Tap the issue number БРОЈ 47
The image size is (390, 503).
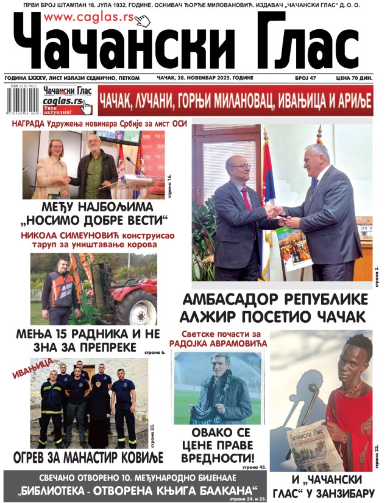[x=315, y=79]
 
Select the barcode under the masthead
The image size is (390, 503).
[x=19, y=100]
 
